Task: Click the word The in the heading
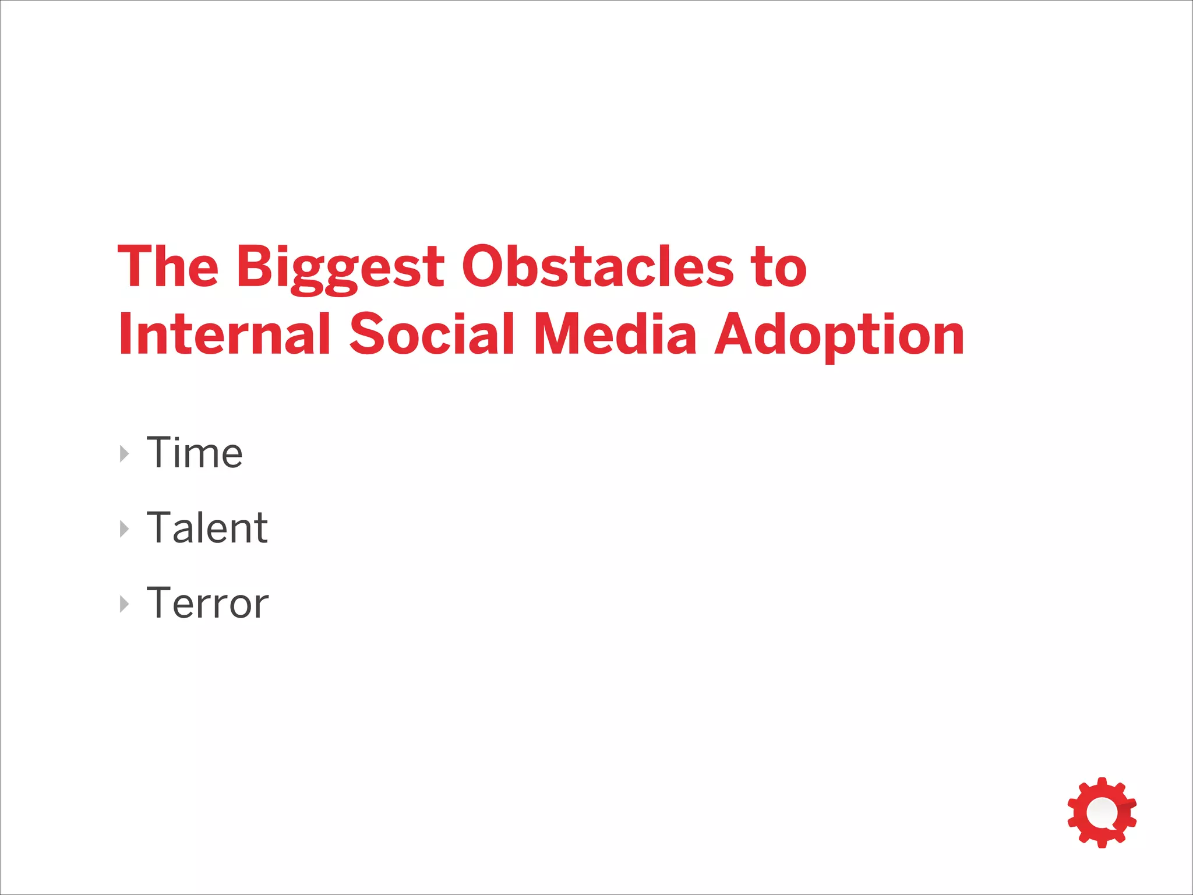(168, 266)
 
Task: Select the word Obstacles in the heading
(597, 266)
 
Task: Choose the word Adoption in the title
(839, 335)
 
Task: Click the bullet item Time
(194, 453)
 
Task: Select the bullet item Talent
(207, 528)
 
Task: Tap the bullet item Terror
(207, 603)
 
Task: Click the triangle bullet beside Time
(124, 454)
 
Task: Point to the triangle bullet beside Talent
(124, 529)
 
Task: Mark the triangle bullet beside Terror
(124, 604)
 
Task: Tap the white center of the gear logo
(1101, 812)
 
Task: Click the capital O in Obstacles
(483, 266)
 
